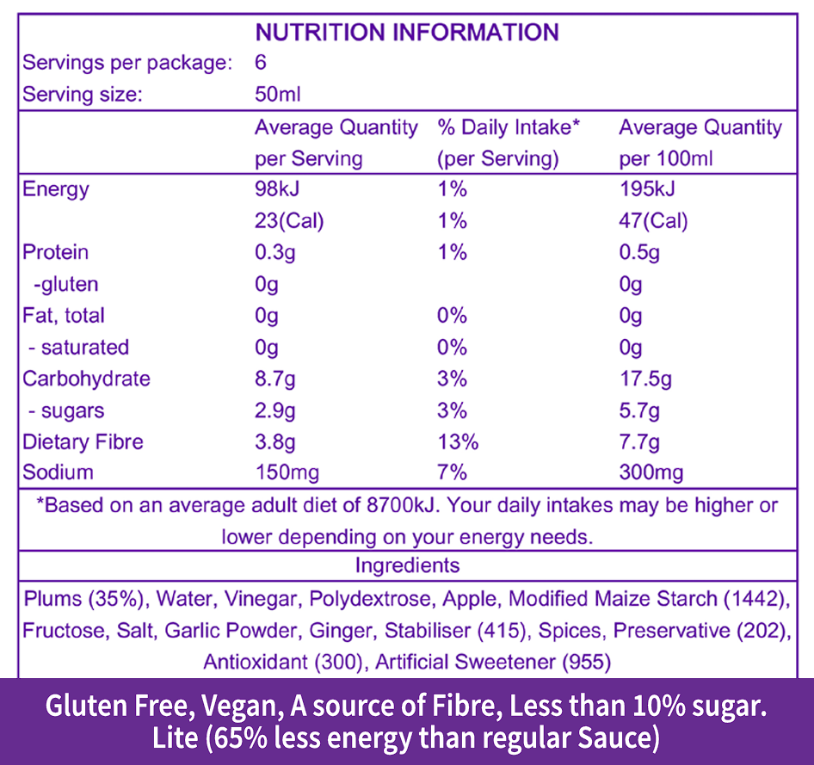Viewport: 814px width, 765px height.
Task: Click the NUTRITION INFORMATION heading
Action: pyautogui.click(x=407, y=33)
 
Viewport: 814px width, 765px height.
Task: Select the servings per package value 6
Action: pyautogui.click(x=261, y=63)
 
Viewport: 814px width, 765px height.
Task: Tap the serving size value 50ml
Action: pyautogui.click(x=277, y=95)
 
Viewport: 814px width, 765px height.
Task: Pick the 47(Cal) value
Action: pyautogui.click(x=653, y=221)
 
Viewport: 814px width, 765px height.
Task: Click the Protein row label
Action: pyautogui.click(x=56, y=252)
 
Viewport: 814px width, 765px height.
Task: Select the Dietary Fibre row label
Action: pyautogui.click(x=83, y=441)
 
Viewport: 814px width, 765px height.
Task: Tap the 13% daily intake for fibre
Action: pyautogui.click(x=458, y=441)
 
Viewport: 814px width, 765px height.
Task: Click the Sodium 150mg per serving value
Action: pyautogui.click(x=287, y=472)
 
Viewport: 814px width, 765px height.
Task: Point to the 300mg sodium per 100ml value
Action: pyautogui.click(x=651, y=472)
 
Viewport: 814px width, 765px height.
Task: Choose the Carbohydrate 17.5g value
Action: pyautogui.click(x=644, y=379)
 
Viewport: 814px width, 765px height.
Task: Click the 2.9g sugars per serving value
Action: pyautogui.click(x=275, y=410)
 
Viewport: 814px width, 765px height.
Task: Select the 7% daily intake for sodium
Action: pyautogui.click(x=452, y=472)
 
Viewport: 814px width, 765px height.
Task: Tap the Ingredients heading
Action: pyautogui.click(x=407, y=565)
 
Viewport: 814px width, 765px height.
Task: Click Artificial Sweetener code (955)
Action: pyautogui.click(x=584, y=662)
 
